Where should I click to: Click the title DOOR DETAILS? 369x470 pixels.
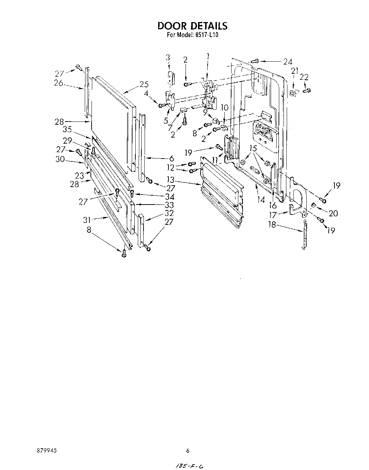192,26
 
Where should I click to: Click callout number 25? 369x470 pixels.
144,84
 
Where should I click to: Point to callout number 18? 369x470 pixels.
272,225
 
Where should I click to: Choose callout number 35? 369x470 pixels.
67,130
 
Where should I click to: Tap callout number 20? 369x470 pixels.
333,213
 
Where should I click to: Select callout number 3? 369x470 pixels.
168,58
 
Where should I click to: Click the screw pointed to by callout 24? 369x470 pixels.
255,61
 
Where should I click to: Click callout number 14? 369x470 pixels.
261,200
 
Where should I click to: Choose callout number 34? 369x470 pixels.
170,196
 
